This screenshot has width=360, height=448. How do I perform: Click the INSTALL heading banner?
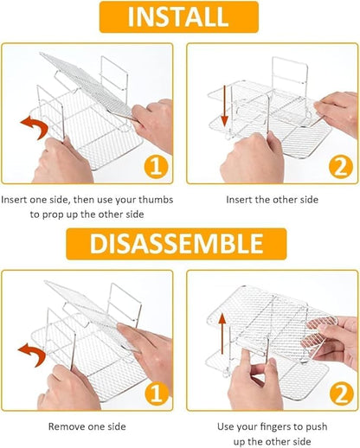(179, 16)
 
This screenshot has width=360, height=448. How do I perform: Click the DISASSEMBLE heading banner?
(177, 244)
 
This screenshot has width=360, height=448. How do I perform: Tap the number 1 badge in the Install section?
(156, 167)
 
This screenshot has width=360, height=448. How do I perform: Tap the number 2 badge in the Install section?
(341, 167)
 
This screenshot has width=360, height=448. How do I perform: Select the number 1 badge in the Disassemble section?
(157, 394)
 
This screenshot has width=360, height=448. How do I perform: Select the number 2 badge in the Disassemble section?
(342, 394)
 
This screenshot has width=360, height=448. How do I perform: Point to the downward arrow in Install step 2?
(224, 106)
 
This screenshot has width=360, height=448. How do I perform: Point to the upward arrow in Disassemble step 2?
(222, 334)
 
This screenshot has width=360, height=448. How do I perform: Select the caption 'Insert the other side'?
(272, 200)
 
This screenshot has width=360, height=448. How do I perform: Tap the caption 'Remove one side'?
(87, 426)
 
